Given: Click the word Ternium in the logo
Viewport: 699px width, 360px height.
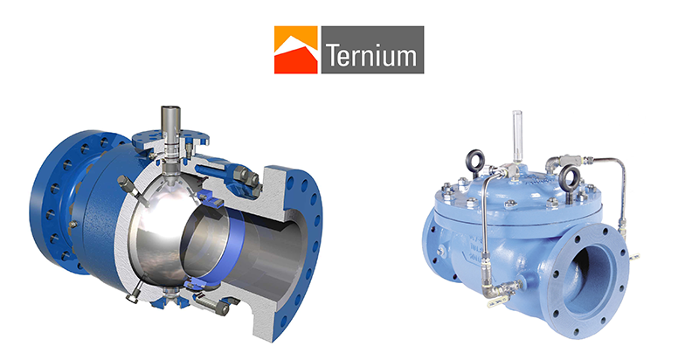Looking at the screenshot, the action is click(371, 54).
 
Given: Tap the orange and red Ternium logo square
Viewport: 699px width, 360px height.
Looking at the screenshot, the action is click(296, 50).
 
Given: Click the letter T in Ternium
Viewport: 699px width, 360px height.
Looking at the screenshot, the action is click(334, 54).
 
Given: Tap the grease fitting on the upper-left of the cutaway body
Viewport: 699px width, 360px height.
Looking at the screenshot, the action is click(128, 185).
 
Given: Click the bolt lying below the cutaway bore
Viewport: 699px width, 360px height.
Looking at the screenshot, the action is click(212, 304).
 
